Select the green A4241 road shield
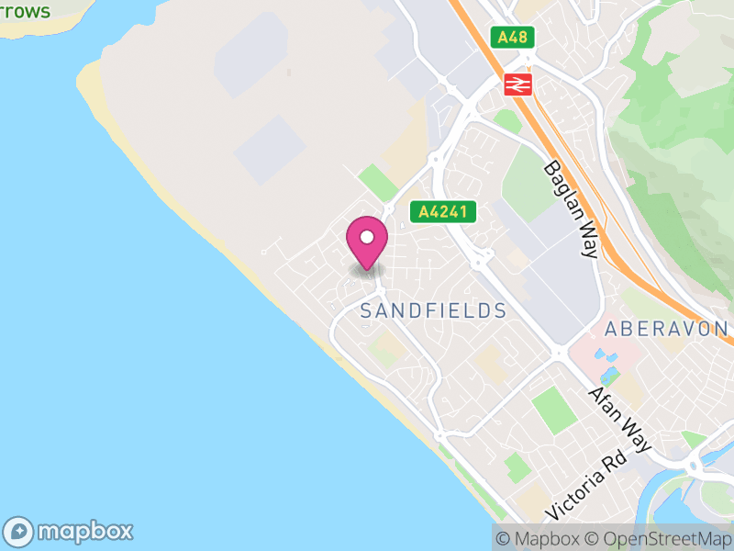pos(443,212)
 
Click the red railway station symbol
pos(517,84)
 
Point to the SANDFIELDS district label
pos(433,311)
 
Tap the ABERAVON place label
pos(666,329)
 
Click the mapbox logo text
pos(84,531)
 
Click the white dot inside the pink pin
pos(367,238)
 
